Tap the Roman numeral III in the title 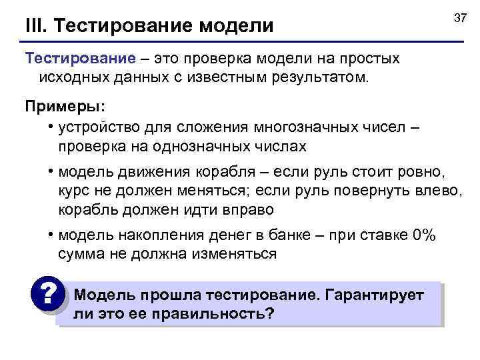pyautogui.click(x=34, y=26)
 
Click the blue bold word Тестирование pyautogui.click(x=71, y=59)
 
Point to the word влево pyautogui.click(x=439, y=191)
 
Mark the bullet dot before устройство pyautogui.click(x=51, y=127)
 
